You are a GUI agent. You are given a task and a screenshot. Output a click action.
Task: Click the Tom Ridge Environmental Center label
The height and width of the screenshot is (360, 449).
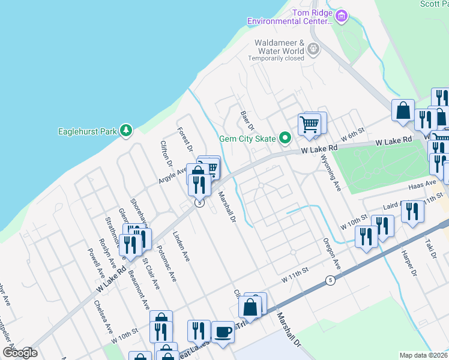[289, 17]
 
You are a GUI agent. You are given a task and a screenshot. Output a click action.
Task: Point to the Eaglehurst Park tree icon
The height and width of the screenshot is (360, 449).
[125, 130]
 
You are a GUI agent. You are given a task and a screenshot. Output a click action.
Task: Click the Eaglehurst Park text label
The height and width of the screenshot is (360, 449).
[88, 131]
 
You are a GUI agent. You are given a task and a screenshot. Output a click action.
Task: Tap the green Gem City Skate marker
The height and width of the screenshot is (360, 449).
[286, 139]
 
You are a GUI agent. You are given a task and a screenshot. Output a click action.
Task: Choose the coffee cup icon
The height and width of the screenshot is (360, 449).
[223, 331]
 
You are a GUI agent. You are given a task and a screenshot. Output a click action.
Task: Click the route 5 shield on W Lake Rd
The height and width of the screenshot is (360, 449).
[199, 203]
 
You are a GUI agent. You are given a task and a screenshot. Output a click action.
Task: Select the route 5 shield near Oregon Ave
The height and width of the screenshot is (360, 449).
[330, 280]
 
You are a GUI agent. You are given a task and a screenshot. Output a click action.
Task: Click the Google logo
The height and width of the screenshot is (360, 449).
[20, 352]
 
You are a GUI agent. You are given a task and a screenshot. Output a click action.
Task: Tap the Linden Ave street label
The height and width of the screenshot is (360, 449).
[181, 247]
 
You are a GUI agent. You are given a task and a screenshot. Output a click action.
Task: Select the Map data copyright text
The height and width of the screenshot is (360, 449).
[424, 355]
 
